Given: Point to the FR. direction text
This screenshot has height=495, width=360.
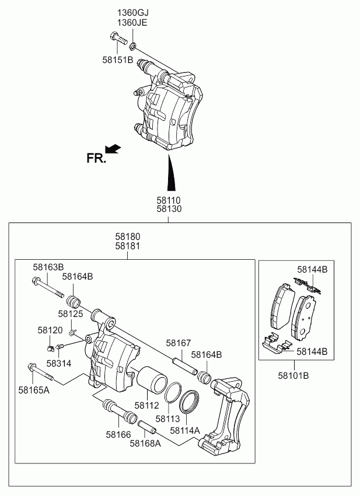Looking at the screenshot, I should (x=96, y=158).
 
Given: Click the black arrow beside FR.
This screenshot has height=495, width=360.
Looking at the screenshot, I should (x=113, y=149).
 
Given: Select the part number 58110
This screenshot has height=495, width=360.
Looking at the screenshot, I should (x=168, y=200).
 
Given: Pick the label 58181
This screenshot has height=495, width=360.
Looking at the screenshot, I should (x=127, y=246).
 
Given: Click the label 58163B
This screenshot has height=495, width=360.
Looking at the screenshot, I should (x=48, y=267).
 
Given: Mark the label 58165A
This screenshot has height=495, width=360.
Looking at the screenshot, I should (x=34, y=389).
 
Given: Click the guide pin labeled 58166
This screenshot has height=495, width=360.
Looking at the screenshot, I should (x=120, y=411).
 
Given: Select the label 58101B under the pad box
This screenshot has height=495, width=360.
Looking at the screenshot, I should (x=293, y=375).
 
